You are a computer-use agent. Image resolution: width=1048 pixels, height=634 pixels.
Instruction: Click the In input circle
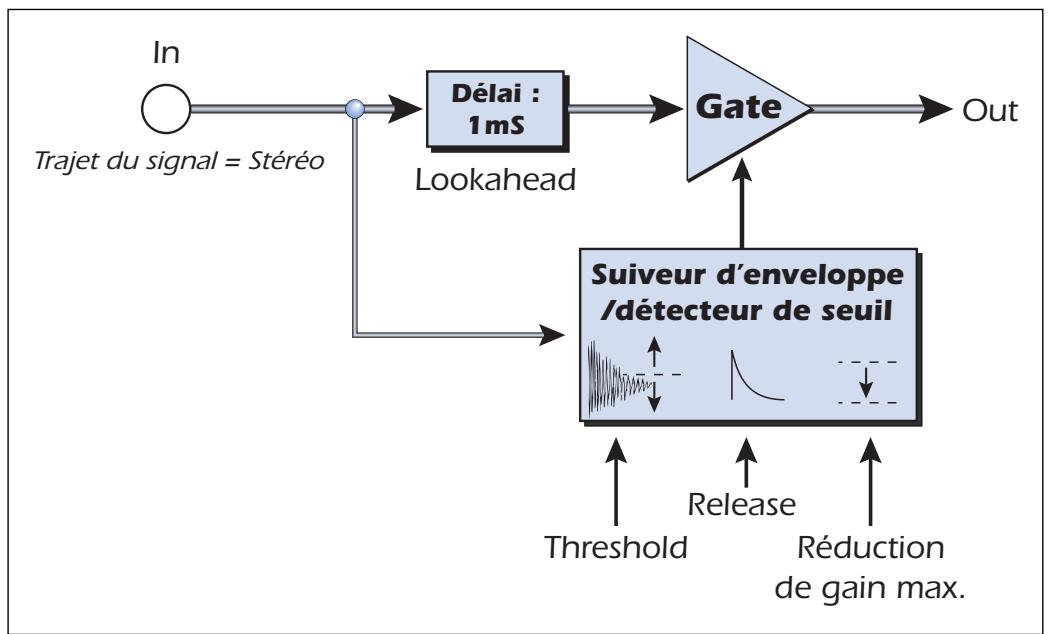(x=166, y=109)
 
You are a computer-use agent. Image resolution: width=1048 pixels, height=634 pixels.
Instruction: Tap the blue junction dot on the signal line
(x=355, y=108)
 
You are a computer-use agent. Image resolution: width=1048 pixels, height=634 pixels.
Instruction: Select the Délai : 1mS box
(x=495, y=109)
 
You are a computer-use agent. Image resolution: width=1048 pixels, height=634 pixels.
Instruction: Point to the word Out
(x=990, y=111)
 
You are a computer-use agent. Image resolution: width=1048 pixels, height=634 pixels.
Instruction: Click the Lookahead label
(x=495, y=180)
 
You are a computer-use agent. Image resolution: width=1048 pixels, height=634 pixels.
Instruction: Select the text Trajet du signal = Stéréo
(x=179, y=161)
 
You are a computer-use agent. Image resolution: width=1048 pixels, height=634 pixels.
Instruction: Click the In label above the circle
(x=166, y=53)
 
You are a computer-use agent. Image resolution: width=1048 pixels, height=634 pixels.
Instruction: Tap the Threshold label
(x=616, y=547)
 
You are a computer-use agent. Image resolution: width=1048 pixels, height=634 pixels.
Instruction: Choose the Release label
(x=742, y=504)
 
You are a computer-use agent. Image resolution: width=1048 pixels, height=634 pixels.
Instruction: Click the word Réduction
(x=870, y=548)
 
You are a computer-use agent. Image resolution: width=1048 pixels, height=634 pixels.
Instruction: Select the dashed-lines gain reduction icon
(x=867, y=383)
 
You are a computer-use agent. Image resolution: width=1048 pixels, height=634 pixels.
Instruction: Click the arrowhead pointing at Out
(x=935, y=109)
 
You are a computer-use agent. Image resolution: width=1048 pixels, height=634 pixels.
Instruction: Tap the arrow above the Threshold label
(x=616, y=481)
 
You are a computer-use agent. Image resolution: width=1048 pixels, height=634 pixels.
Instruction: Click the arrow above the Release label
(x=746, y=462)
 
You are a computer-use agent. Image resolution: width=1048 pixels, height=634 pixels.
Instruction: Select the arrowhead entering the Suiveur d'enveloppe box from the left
(x=552, y=333)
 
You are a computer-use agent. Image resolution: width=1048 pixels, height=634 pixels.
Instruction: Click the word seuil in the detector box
(x=860, y=311)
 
